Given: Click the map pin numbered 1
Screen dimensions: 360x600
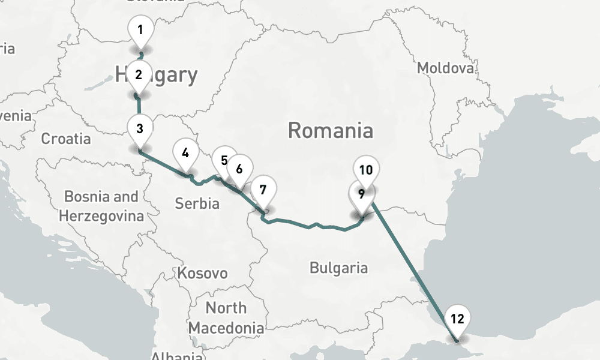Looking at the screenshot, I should pyautogui.click(x=140, y=30).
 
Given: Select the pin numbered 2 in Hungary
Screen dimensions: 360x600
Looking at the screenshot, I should pyautogui.click(x=139, y=76).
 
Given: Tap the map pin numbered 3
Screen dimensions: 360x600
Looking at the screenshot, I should pyautogui.click(x=139, y=128).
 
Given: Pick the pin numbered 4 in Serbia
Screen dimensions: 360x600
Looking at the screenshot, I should pyautogui.click(x=185, y=153).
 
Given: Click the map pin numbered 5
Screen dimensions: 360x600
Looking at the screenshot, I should pyautogui.click(x=224, y=160).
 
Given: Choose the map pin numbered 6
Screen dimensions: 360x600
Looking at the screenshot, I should pyautogui.click(x=239, y=169).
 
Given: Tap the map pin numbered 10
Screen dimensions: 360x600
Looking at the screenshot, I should pyautogui.click(x=366, y=170).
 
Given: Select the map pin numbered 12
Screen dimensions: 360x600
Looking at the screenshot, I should pyautogui.click(x=457, y=319).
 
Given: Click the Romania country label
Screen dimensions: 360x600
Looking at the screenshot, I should pyautogui.click(x=331, y=130).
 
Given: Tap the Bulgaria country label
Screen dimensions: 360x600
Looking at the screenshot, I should pyautogui.click(x=338, y=268).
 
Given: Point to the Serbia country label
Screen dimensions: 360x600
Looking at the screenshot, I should pyautogui.click(x=197, y=203).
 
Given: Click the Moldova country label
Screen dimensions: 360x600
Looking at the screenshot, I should pyautogui.click(x=445, y=68).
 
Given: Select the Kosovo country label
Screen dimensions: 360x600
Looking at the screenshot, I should pyautogui.click(x=203, y=274).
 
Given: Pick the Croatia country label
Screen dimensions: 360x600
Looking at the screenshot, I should pyautogui.click(x=66, y=139).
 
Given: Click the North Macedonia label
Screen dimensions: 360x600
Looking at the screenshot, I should pyautogui.click(x=226, y=318).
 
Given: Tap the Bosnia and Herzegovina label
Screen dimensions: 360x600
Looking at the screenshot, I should pyautogui.click(x=101, y=206).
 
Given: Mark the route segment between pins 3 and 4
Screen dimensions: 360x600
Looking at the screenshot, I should pyautogui.click(x=162, y=162).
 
